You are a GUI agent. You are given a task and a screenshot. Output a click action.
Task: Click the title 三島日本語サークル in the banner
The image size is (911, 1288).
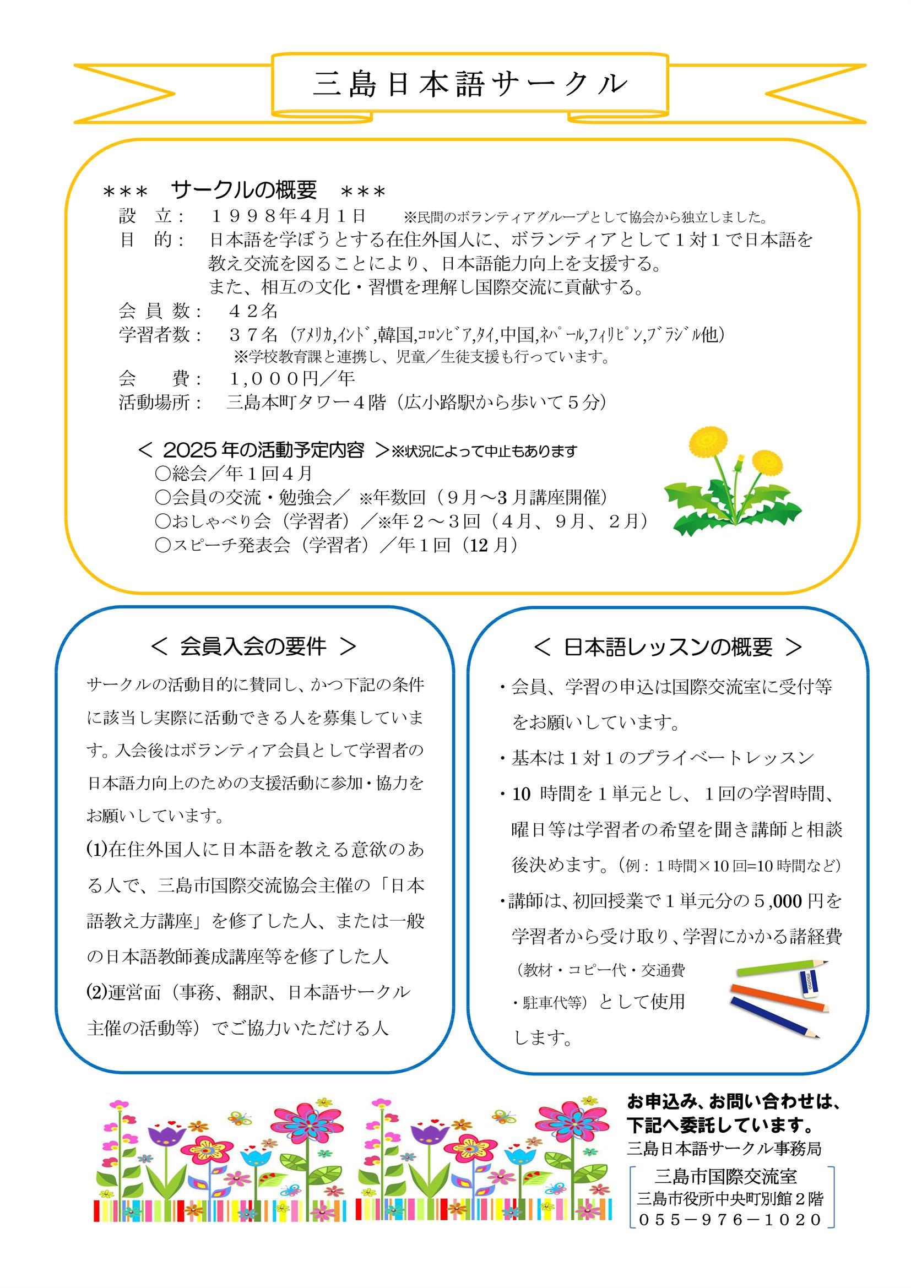pyautogui.click(x=470, y=84)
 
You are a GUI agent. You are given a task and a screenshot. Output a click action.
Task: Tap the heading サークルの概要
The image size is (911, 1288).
pyautogui.click(x=244, y=191)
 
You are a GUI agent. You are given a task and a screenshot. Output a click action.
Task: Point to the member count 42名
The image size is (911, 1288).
pyautogui.click(x=253, y=310)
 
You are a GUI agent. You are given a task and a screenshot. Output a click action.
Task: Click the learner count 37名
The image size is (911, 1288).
pyautogui.click(x=253, y=335)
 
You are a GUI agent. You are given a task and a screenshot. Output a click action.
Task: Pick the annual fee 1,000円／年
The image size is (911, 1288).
pyautogui.click(x=292, y=379)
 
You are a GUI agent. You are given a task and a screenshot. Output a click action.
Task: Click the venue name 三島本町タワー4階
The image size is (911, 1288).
pyautogui.click(x=306, y=403)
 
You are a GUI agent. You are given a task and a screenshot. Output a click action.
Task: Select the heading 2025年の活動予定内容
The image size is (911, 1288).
pyautogui.click(x=263, y=450)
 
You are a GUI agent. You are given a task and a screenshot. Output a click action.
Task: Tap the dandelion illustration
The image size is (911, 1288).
pyautogui.click(x=733, y=482)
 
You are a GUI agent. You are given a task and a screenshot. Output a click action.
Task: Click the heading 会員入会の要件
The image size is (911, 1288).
pyautogui.click(x=253, y=647)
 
